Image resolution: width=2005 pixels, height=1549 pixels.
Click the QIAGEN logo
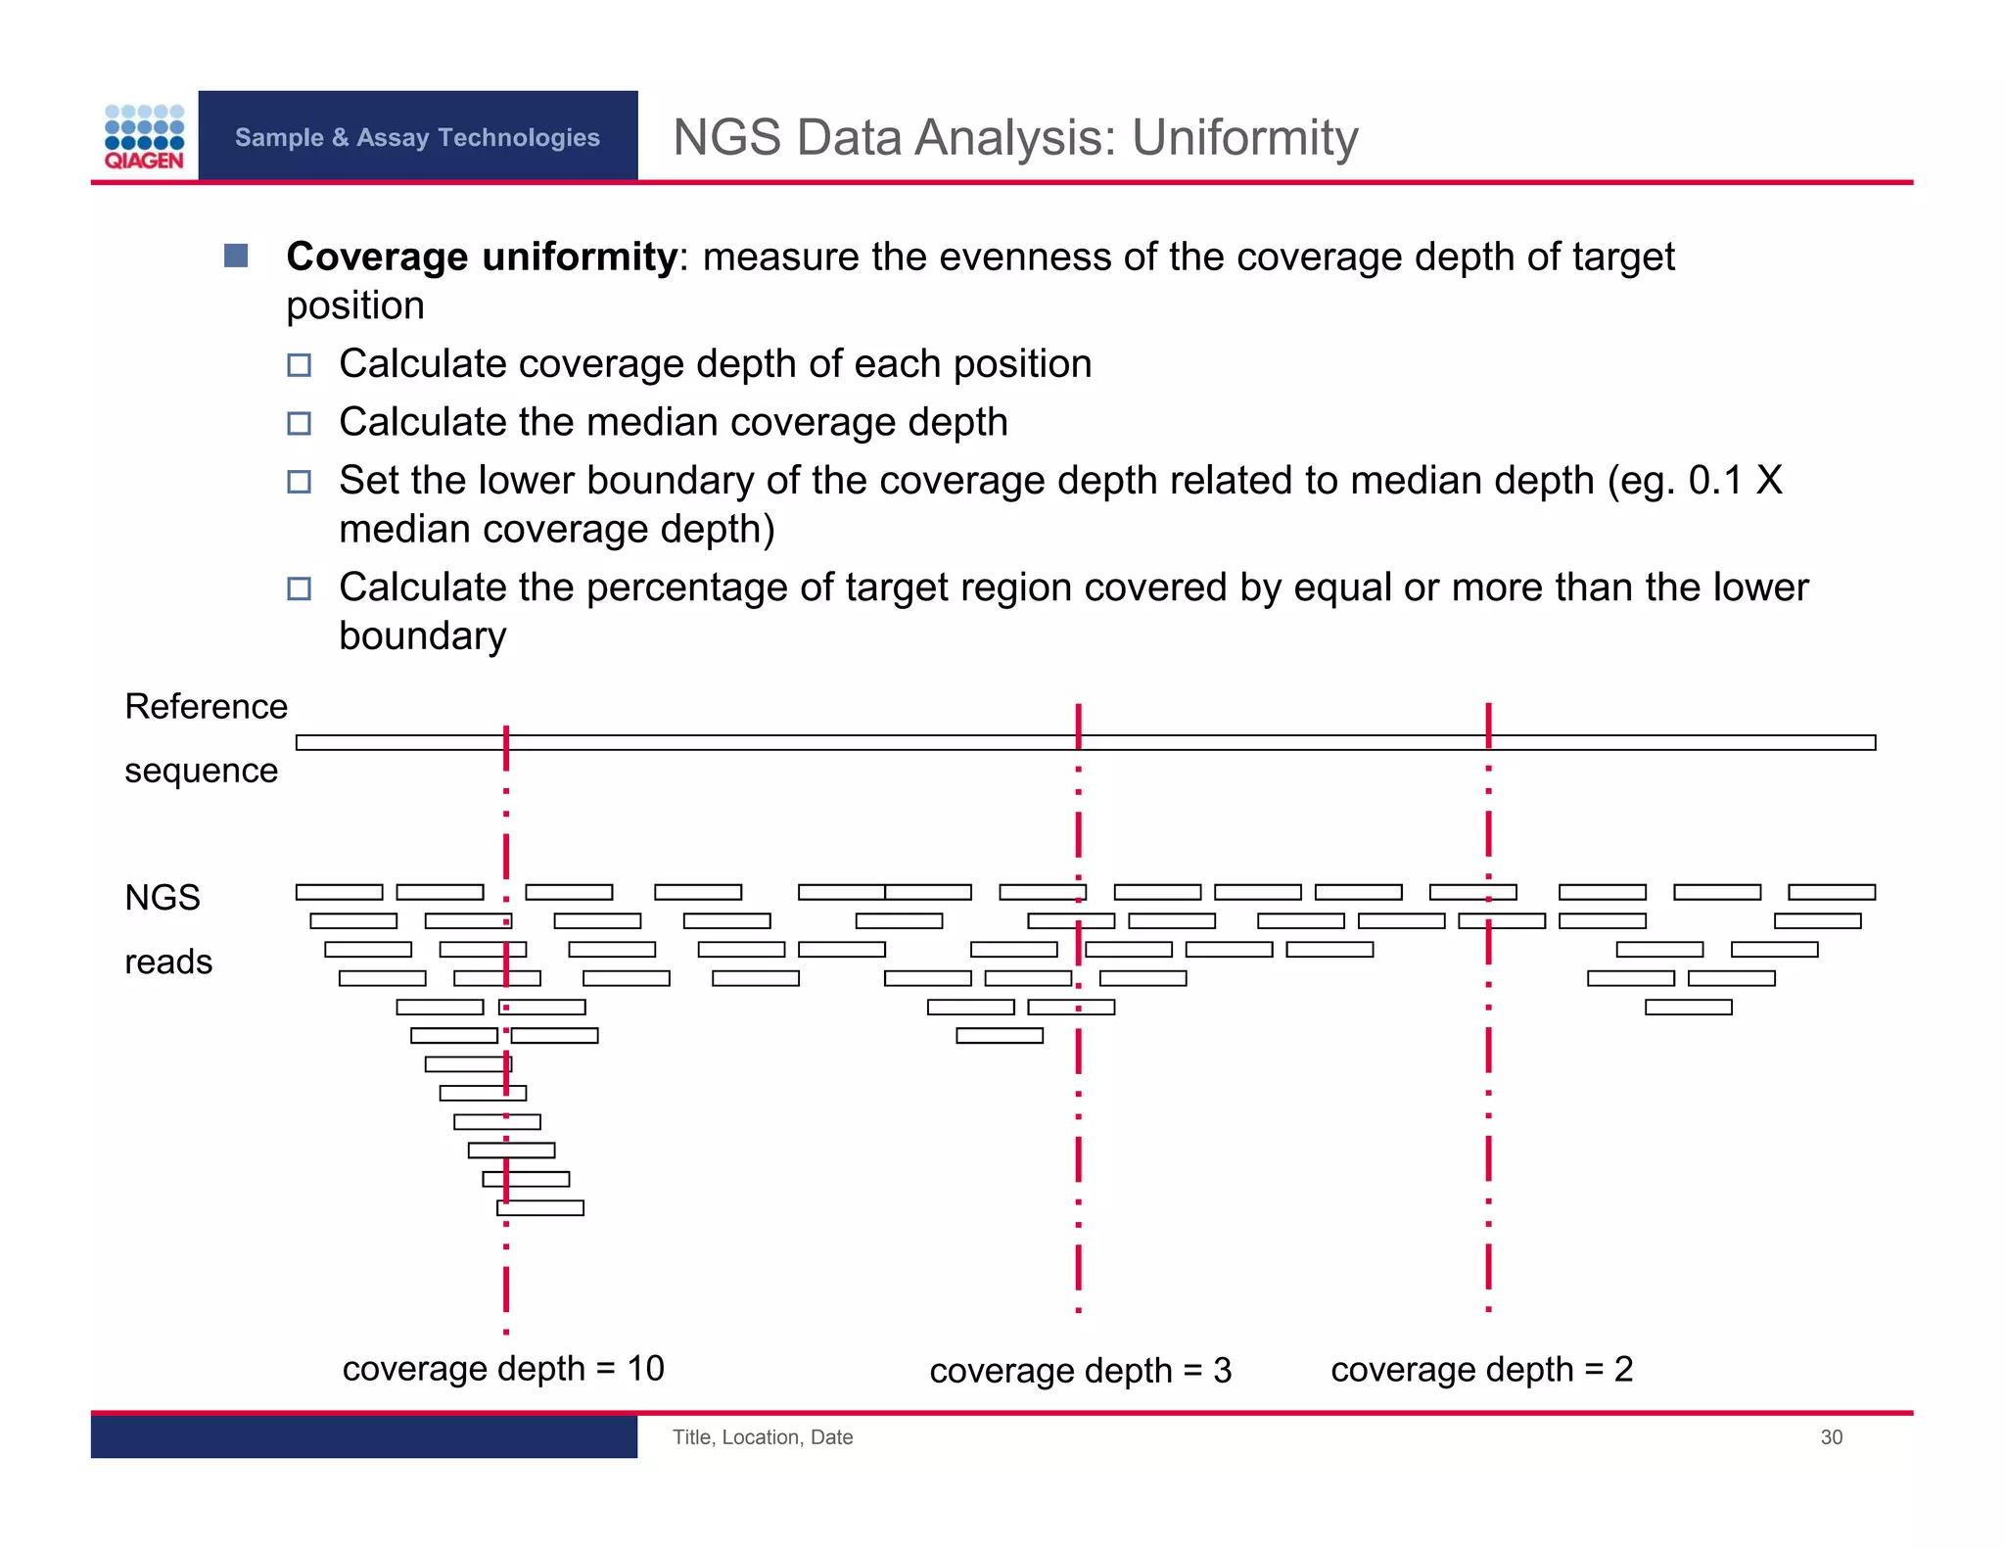[144, 137]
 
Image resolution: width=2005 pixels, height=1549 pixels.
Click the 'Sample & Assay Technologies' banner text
[417, 137]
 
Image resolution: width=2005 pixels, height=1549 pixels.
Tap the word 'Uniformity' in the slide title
[1244, 137]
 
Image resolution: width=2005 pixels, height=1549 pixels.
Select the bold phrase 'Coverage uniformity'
[482, 257]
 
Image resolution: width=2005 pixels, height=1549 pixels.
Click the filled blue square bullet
[236, 256]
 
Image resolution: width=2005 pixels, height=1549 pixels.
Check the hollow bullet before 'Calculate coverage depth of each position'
[299, 365]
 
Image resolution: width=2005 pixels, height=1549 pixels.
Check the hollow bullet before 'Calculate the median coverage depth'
[299, 423]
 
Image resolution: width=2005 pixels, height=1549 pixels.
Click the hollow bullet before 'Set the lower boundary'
[299, 482]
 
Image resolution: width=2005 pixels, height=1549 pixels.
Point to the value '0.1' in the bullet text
[1715, 481]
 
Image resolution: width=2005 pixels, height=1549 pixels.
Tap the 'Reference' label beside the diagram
[206, 706]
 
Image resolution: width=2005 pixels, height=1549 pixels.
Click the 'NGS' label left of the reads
[163, 897]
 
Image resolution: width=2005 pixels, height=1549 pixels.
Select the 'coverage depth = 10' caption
[503, 1368]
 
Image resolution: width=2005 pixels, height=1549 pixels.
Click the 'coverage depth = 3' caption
[1080, 1371]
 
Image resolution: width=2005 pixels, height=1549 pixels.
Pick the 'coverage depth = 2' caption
[1481, 1370]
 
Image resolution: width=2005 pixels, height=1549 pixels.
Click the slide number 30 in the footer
[1831, 1437]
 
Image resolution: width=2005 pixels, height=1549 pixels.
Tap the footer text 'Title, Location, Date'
[762, 1437]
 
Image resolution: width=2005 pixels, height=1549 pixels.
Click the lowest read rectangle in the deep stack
[540, 1208]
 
